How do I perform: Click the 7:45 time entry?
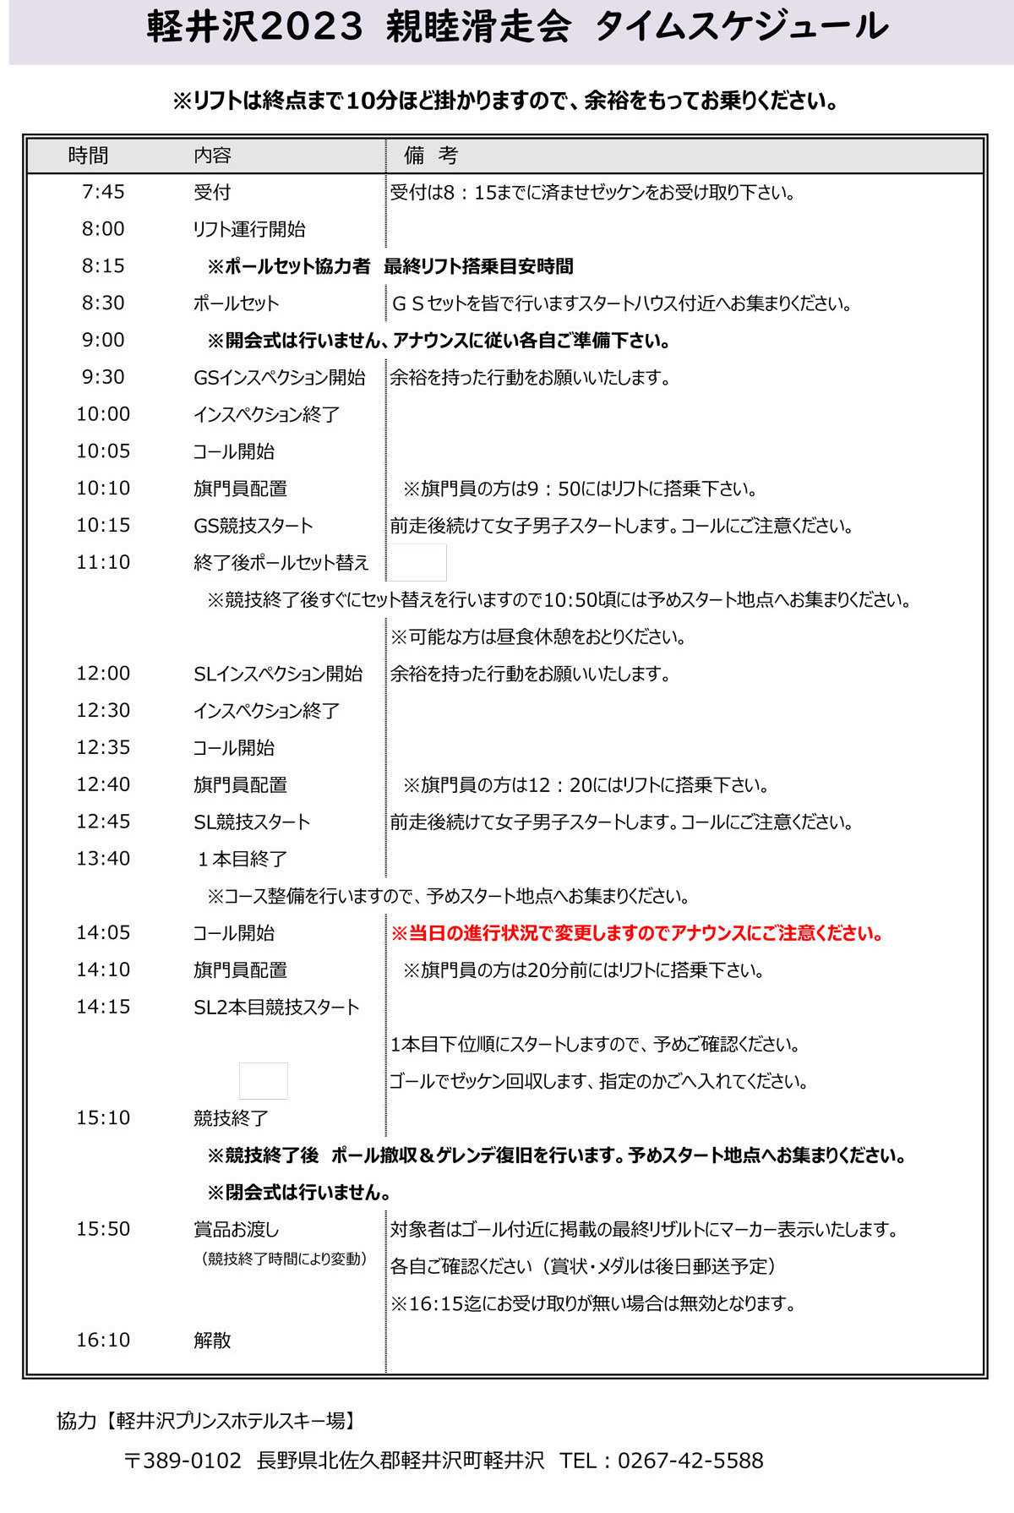[103, 192]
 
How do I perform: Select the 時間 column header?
[89, 156]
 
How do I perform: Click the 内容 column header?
[212, 156]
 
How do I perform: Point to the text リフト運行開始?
[249, 229]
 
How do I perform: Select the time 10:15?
[103, 525]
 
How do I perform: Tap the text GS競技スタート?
[253, 526]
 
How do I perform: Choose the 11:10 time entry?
[103, 562]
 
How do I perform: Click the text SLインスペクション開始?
[278, 674]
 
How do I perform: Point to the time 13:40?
[103, 859]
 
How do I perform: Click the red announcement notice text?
[637, 933]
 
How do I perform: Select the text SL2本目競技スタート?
[276, 1007]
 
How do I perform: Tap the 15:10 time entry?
[103, 1117]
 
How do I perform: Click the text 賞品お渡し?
[236, 1229]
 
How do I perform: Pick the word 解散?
[212, 1340]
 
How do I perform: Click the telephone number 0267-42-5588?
[690, 1461]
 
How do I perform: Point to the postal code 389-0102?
[183, 1461]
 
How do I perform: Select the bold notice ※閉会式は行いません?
[299, 1192]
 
